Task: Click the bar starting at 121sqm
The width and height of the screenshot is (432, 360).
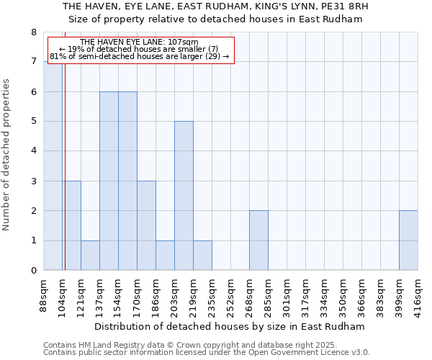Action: (90, 256)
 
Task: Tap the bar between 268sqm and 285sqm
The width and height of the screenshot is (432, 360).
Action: (258, 240)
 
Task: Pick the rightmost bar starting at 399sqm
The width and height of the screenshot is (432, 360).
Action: (408, 240)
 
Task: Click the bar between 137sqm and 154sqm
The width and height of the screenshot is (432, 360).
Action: (109, 181)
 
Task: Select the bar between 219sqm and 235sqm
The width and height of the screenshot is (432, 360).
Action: (202, 256)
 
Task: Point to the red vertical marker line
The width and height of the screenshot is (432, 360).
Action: (64, 166)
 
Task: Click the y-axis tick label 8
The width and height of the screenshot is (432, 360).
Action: (34, 32)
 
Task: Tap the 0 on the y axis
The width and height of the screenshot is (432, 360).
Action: (34, 271)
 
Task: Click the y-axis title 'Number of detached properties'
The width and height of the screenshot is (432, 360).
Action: (7, 156)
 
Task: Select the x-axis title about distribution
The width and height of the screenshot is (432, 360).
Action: (230, 326)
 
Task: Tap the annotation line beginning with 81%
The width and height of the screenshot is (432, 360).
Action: (140, 56)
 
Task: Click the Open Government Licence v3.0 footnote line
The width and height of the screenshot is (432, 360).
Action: (207, 353)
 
